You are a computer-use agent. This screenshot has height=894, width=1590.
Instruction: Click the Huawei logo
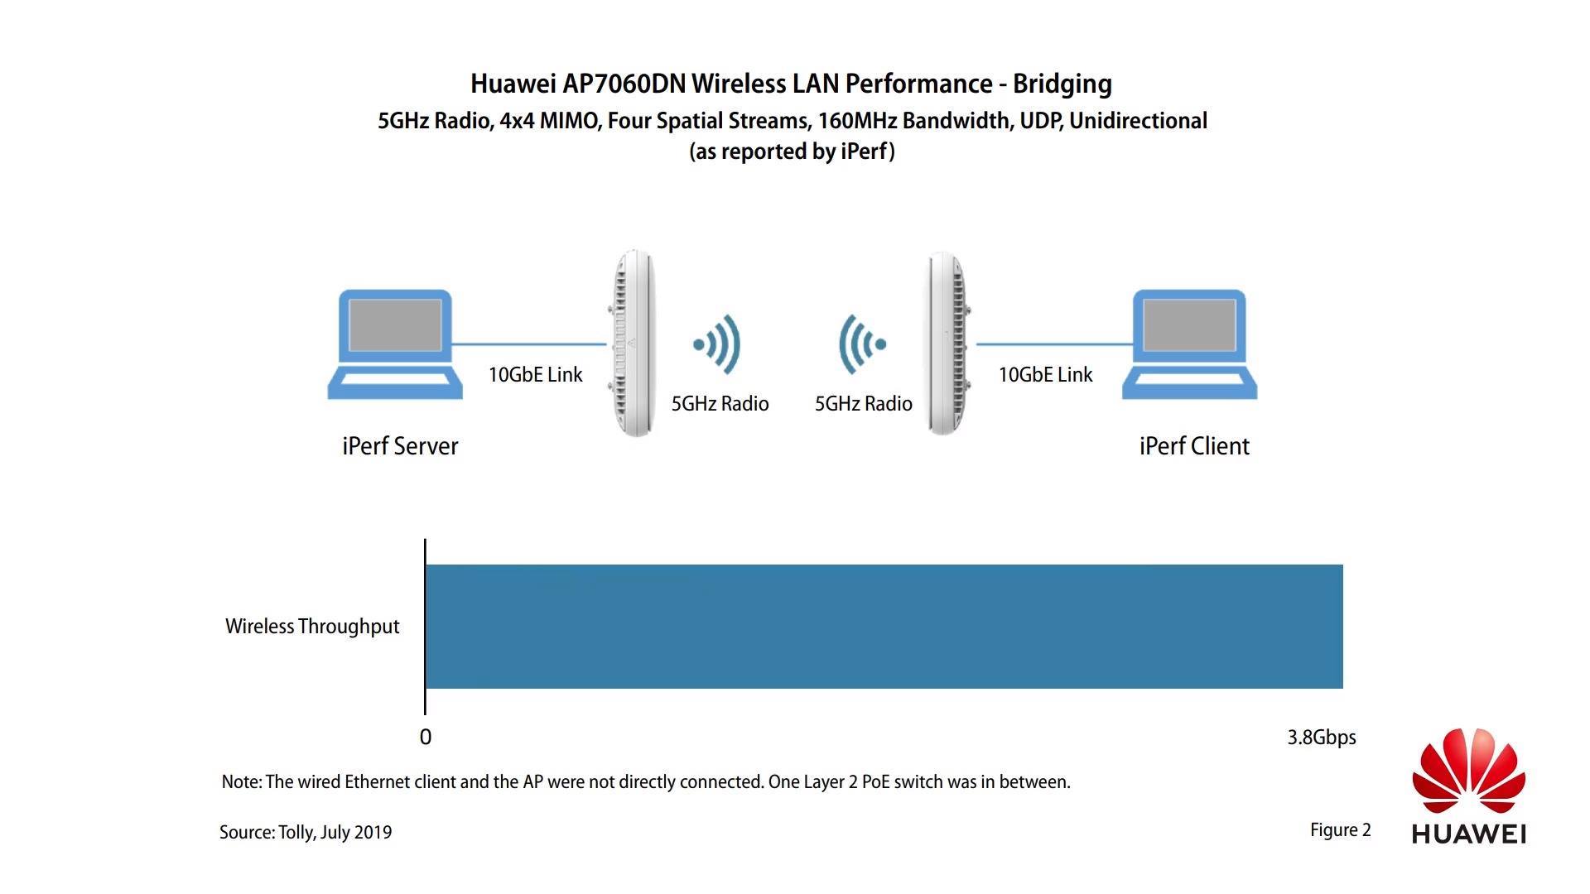coord(1469,786)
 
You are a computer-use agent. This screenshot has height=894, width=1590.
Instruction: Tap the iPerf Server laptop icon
coord(395,344)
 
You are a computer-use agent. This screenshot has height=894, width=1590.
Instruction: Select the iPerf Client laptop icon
coord(1189,344)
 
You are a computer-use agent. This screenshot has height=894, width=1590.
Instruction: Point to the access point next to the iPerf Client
coord(947,344)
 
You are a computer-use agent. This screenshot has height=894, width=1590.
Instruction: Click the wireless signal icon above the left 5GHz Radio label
coord(717,344)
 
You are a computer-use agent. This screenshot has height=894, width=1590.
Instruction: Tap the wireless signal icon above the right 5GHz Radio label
coord(862,344)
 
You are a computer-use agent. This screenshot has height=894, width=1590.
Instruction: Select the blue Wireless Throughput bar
coord(884,627)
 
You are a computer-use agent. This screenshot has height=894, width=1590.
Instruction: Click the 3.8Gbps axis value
coord(1322,738)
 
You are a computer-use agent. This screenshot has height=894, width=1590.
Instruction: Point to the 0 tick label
coord(426,738)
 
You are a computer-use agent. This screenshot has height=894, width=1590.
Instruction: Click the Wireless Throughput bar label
coord(312,627)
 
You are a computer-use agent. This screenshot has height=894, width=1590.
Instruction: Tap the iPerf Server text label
coord(400,446)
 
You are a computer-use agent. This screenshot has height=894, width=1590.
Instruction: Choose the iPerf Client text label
coord(1194,446)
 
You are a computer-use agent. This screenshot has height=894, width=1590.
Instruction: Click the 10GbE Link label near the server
coord(536,375)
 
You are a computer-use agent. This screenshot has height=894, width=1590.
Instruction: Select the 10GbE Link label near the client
coord(1046,375)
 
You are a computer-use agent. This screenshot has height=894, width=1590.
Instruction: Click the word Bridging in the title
coord(1062,84)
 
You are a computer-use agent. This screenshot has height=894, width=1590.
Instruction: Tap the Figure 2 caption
coord(1341,830)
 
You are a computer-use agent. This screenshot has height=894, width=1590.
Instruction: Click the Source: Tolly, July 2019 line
coord(306,833)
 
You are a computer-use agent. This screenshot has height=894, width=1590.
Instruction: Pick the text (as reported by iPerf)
coord(793,151)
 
